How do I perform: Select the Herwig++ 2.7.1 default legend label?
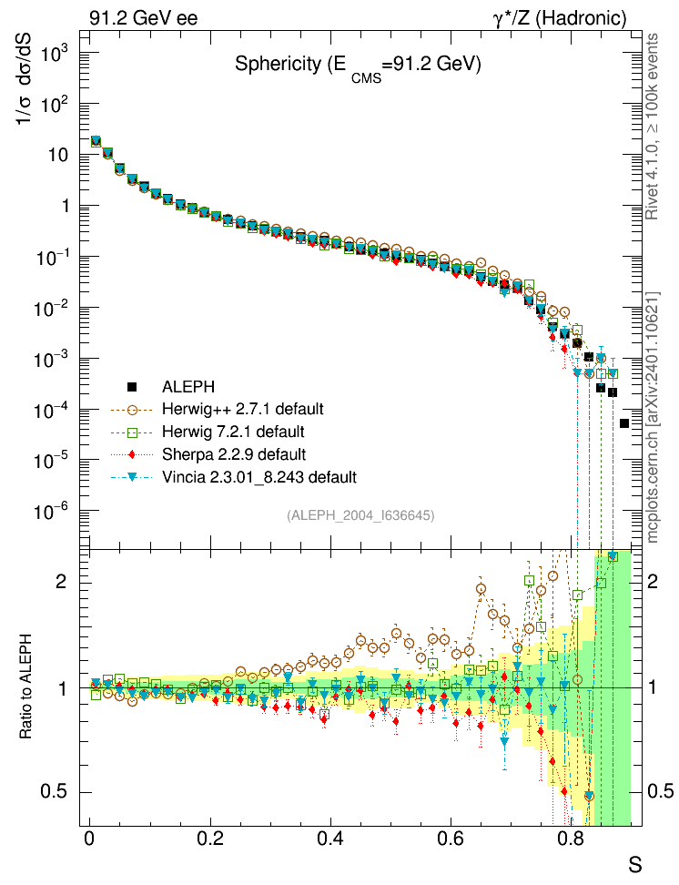pyautogui.click(x=245, y=408)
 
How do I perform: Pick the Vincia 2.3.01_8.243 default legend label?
pyautogui.click(x=260, y=476)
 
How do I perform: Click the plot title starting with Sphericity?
pyautogui.click(x=358, y=66)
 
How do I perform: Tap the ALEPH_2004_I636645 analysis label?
pyautogui.click(x=360, y=515)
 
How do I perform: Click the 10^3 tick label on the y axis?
pyautogui.click(x=56, y=53)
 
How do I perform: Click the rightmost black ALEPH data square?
pyautogui.click(x=625, y=423)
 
